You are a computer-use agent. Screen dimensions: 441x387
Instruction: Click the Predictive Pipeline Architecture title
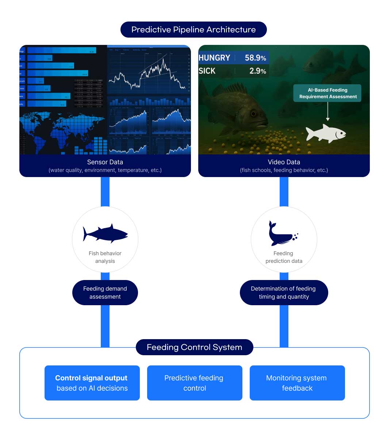193,30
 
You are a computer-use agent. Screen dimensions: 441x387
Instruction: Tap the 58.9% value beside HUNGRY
255,58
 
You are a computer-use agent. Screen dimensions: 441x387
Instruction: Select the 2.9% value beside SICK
257,71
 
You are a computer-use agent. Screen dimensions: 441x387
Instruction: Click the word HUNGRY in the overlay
214,58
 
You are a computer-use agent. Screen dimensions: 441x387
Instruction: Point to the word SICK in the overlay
207,71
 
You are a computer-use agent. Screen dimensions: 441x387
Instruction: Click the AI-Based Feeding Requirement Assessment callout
328,93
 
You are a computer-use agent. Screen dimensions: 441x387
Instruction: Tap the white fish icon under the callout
326,133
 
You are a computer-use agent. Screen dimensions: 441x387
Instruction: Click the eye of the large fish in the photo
253,114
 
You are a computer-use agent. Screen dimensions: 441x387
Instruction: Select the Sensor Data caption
105,162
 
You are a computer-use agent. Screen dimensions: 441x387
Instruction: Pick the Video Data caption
284,162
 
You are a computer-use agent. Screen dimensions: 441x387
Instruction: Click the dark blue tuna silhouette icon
105,233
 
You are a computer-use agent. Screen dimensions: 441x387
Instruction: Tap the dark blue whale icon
282,233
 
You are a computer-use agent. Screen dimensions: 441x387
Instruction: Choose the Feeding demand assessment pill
105,292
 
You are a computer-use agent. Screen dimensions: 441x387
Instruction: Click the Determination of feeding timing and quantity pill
284,292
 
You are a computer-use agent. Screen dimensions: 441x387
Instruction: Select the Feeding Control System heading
194,347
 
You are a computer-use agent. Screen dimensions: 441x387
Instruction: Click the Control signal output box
92,383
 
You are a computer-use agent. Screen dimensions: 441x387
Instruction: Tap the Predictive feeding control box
195,383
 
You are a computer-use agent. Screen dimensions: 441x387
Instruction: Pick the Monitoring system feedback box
297,383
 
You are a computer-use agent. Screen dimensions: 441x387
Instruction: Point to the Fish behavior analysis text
105,257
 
